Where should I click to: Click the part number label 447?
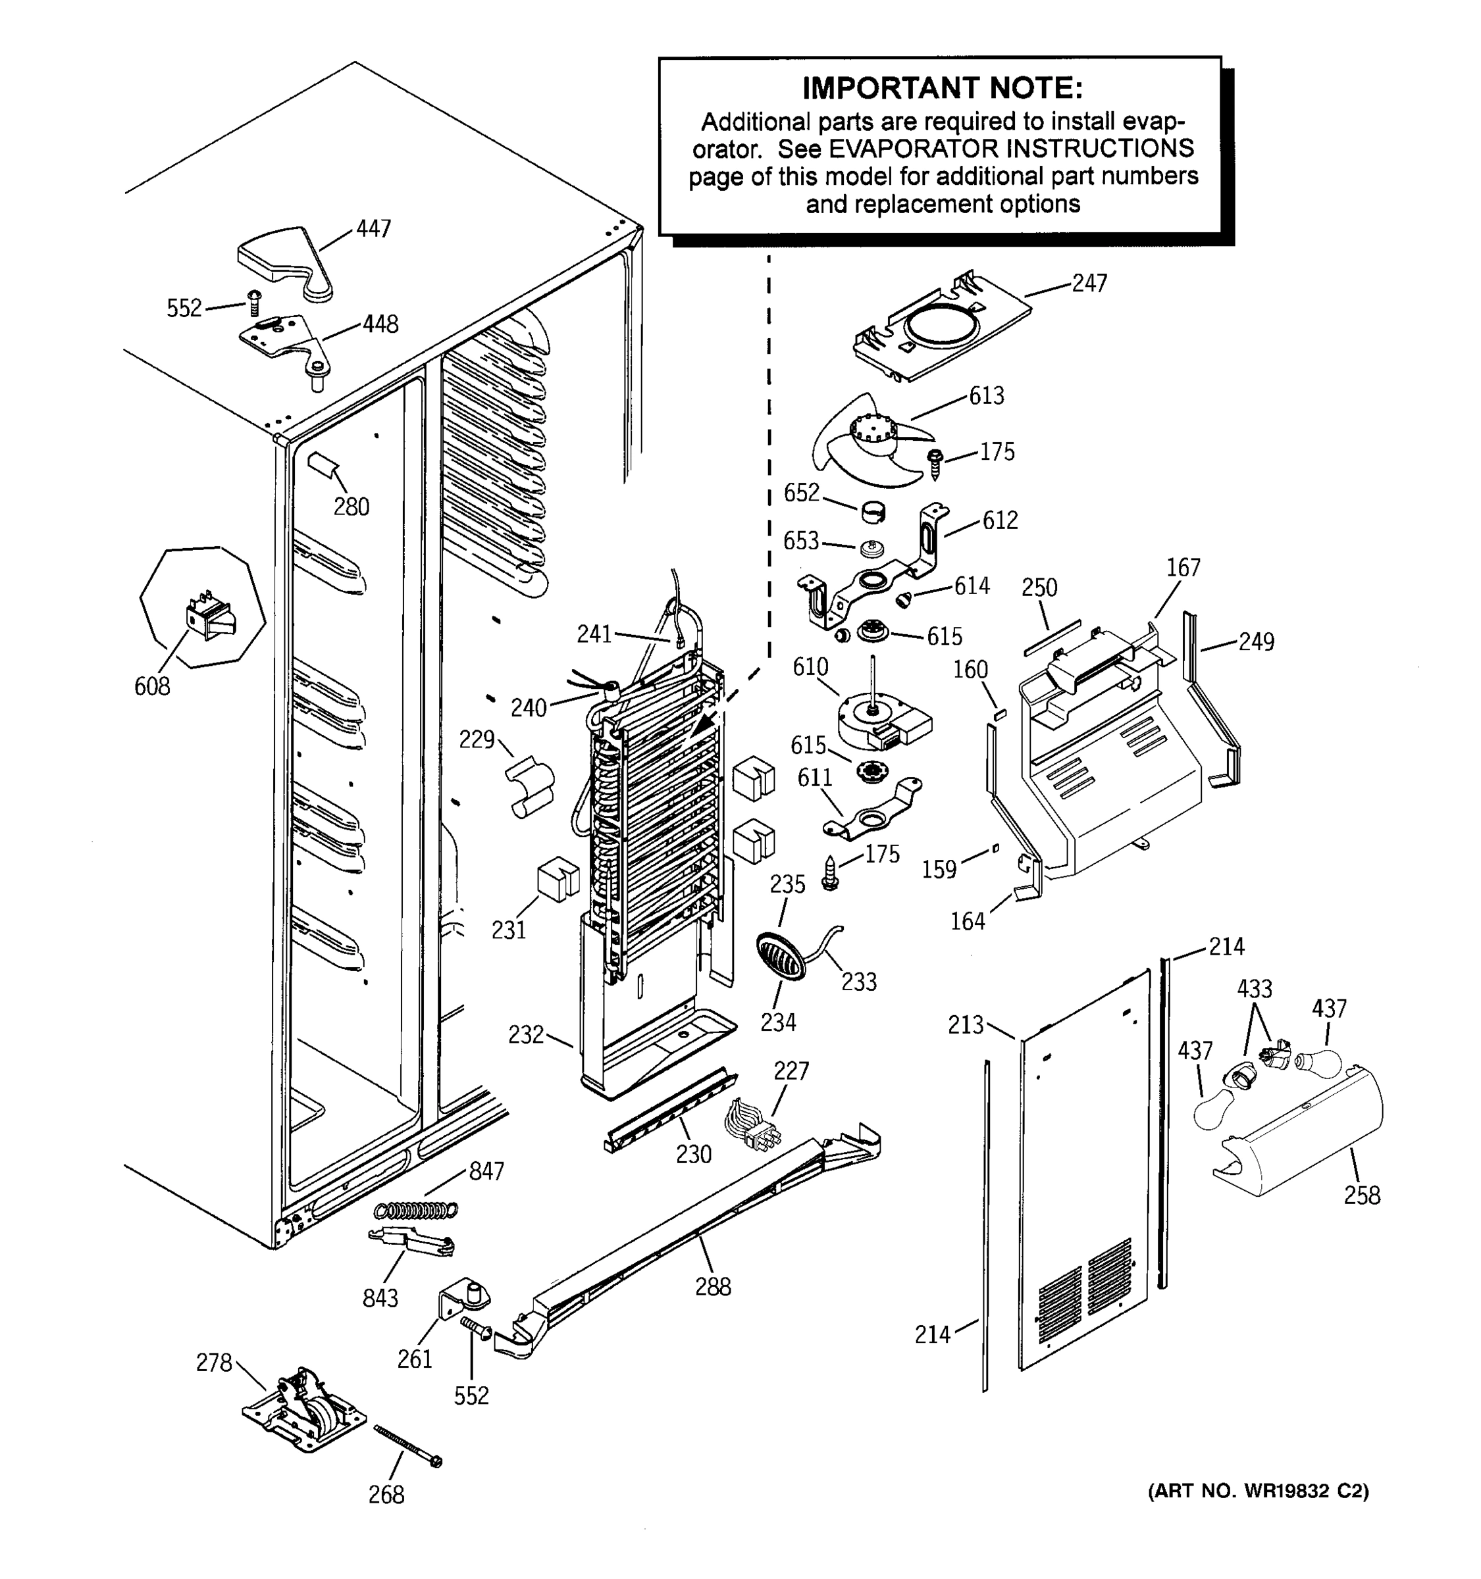373,229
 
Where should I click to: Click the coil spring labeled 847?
417,1210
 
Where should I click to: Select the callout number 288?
713,1288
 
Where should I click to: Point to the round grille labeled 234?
780,957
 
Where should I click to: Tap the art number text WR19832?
1286,1491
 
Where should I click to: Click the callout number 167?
1183,568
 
